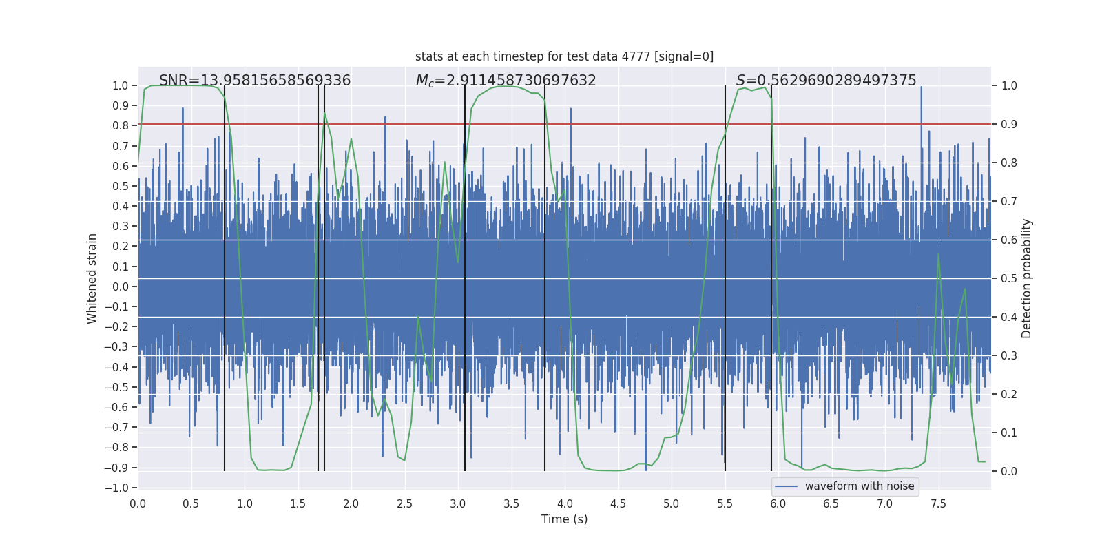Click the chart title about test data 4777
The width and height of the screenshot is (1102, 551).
564,56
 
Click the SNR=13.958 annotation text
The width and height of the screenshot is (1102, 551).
255,81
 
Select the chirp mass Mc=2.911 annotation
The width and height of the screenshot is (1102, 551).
506,81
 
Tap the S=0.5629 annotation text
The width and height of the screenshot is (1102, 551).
826,81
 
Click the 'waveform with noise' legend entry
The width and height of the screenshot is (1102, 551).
859,486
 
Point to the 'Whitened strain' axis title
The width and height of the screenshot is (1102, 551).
92,278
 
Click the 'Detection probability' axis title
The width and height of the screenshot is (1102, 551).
1026,278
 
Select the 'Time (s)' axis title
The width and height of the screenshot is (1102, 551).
564,519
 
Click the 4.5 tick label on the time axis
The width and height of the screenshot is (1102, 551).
618,503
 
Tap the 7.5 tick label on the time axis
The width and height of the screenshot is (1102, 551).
938,503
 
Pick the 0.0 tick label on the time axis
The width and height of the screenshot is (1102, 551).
138,503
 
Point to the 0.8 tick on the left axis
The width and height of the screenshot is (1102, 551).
121,126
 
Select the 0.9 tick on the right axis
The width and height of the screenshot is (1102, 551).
1009,125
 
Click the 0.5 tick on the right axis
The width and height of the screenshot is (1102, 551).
1009,279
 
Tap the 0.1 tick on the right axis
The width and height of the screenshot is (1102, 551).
1009,433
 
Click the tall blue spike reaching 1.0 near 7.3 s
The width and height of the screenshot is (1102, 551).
921,103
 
